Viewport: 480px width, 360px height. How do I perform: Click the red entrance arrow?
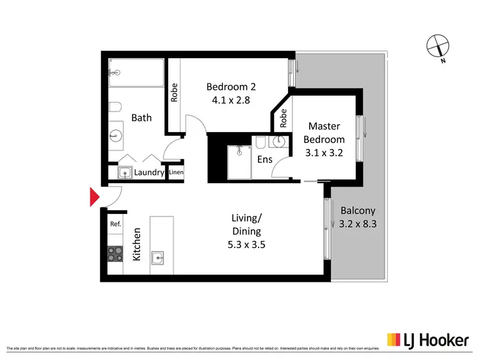pyautogui.click(x=93, y=197)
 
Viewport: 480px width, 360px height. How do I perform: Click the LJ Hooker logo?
pyautogui.click(x=427, y=340)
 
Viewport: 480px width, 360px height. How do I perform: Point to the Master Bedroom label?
pyautogui.click(x=326, y=133)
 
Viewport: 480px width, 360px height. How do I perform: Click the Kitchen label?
pyautogui.click(x=136, y=244)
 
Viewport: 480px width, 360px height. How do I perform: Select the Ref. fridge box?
pyautogui.click(x=115, y=224)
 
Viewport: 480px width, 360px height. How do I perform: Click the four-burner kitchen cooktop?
pyautogui.click(x=115, y=254)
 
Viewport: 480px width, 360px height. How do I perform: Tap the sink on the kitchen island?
pyautogui.click(x=158, y=258)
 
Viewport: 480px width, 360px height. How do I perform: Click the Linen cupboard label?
pyautogui.click(x=176, y=173)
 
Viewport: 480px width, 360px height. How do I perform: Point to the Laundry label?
pyautogui.click(x=149, y=173)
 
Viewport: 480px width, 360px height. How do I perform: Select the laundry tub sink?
pyautogui.click(x=123, y=172)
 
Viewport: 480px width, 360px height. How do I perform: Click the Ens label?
pyautogui.click(x=264, y=160)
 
